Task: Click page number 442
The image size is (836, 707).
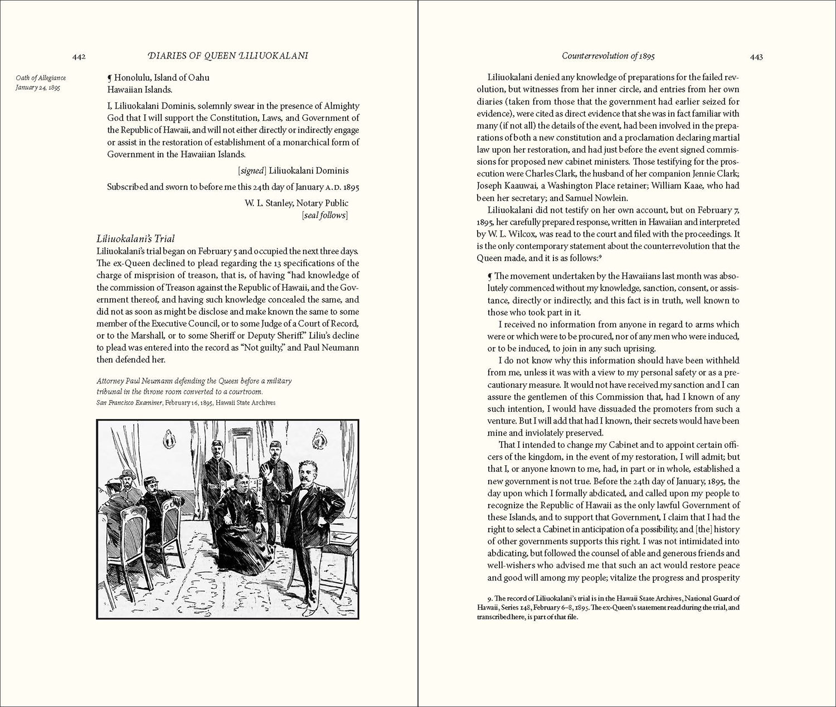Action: click(78, 56)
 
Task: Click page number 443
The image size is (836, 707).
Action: click(756, 56)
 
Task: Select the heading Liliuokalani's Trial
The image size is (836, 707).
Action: click(136, 239)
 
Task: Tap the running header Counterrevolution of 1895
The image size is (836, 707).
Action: click(608, 56)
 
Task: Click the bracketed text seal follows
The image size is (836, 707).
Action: click(324, 216)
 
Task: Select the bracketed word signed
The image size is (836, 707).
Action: click(250, 171)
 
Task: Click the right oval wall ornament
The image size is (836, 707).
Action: click(318, 434)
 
